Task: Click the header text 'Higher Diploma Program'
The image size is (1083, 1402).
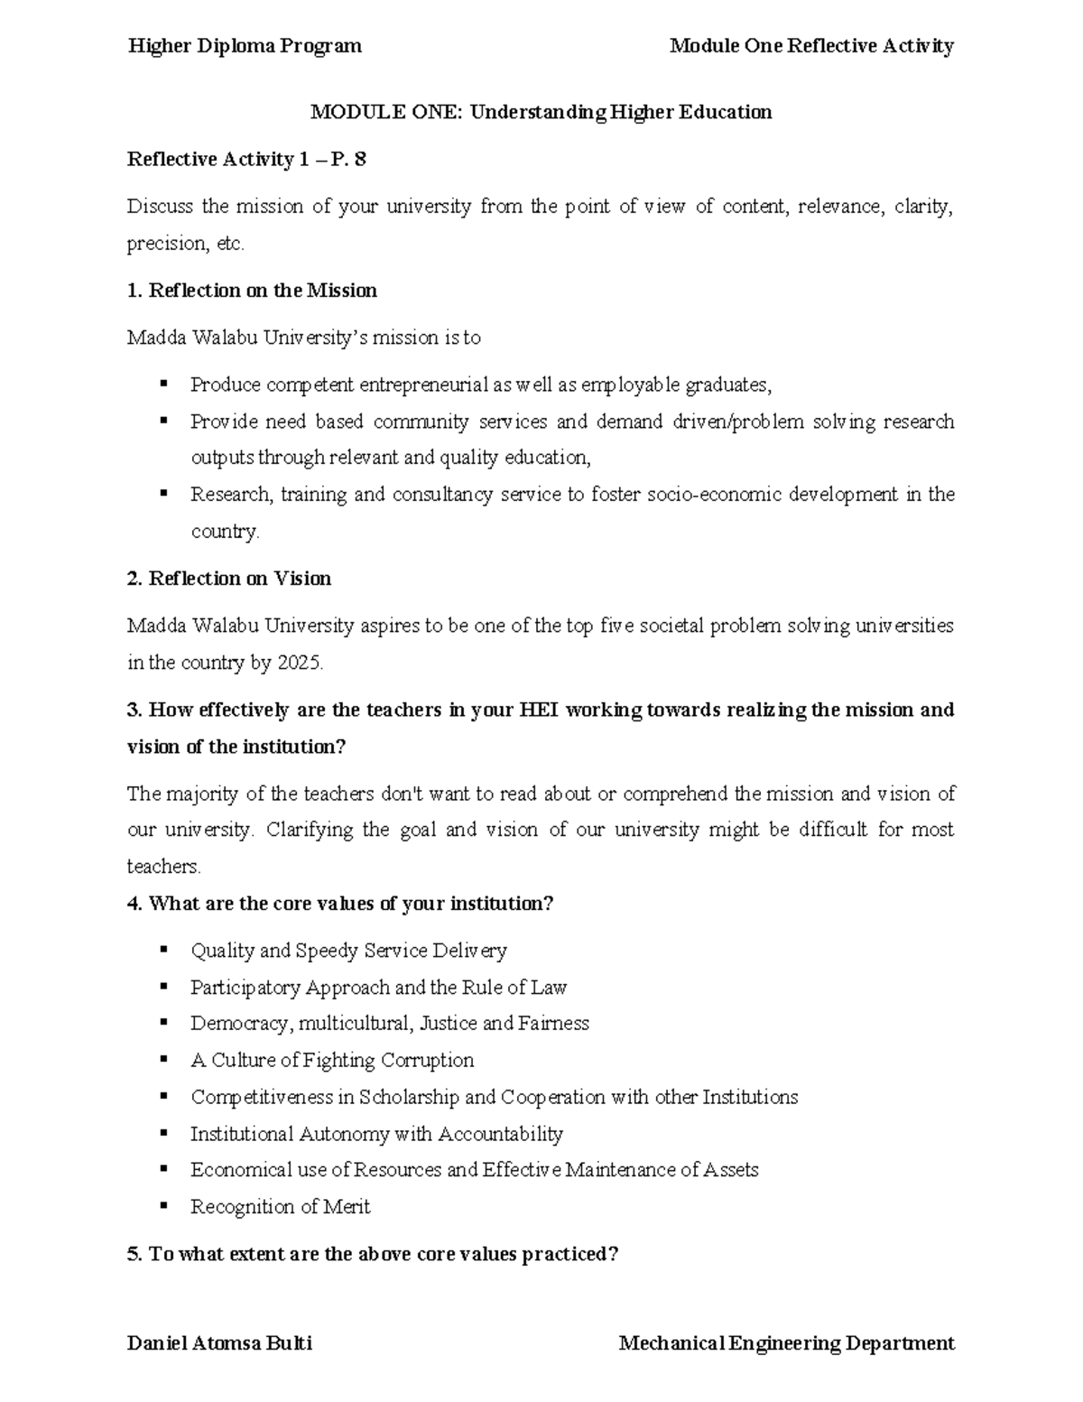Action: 245,46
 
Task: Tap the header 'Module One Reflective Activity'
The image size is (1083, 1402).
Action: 811,46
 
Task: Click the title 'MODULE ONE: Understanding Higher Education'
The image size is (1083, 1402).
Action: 541,112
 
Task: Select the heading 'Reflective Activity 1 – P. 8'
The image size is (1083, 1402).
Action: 246,160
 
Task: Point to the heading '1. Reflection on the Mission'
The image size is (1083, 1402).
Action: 252,291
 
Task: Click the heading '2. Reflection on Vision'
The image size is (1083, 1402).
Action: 229,579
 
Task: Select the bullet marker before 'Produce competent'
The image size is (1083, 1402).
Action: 163,384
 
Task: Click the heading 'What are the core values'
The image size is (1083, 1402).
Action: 340,904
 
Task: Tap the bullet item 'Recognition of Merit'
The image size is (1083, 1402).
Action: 280,1207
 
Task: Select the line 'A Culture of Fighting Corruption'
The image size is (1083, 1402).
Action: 332,1061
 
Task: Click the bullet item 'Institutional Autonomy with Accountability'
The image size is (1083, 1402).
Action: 376,1134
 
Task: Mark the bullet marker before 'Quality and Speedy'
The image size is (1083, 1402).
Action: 163,949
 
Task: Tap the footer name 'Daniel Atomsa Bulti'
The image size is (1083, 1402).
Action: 219,1343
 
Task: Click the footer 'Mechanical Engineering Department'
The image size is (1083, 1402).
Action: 786,1343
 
